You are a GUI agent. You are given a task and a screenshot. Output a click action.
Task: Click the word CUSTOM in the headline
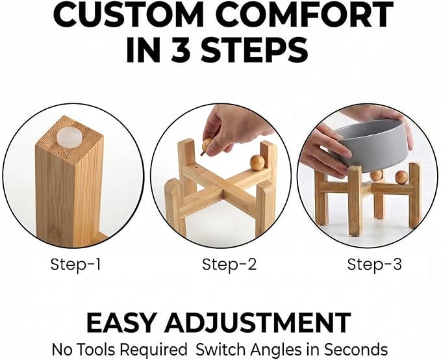tap(128, 14)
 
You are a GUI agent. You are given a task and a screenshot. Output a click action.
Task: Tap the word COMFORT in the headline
tap(305, 14)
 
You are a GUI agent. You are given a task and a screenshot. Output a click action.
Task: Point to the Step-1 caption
tap(75, 264)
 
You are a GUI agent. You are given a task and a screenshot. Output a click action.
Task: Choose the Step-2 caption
tap(229, 264)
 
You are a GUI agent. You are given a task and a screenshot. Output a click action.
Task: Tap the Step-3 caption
tap(374, 264)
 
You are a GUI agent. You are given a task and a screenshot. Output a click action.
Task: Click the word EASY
tap(121, 322)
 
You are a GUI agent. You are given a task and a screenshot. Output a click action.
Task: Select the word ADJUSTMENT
tap(257, 322)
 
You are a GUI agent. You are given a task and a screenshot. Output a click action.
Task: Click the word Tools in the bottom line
tap(96, 350)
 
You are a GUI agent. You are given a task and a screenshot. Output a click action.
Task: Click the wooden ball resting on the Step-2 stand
tap(257, 162)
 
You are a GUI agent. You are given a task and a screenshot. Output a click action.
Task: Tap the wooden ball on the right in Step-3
tap(401, 177)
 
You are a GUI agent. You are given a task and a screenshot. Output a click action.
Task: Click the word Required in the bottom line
tap(153, 350)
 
